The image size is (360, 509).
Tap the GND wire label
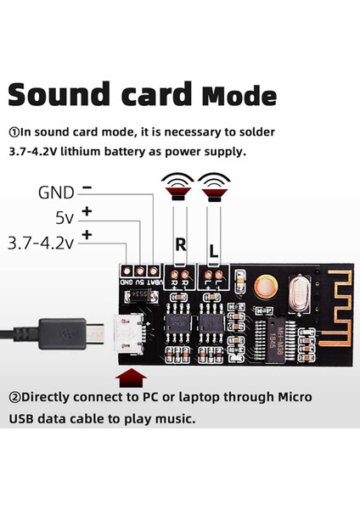point(56,193)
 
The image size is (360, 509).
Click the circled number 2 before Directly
point(14,397)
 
